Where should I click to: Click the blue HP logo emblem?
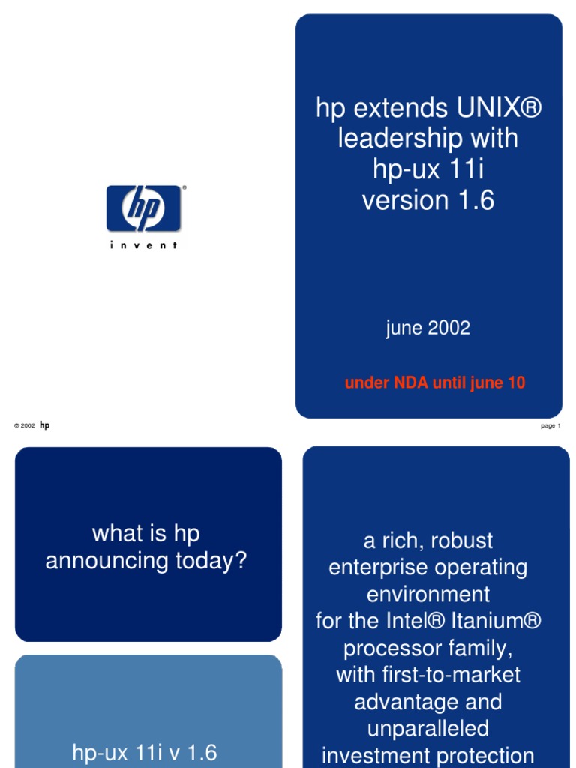[x=143, y=208]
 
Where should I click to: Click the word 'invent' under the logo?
[x=143, y=245]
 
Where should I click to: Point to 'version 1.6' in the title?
[x=428, y=200]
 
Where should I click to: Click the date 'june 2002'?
[x=428, y=328]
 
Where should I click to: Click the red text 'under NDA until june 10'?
[x=435, y=382]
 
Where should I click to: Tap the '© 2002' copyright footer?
[x=24, y=425]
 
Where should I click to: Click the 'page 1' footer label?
[x=550, y=425]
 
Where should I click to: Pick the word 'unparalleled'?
[x=428, y=728]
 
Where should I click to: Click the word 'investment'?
[x=382, y=755]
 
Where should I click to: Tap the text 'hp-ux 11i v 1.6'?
[x=145, y=751]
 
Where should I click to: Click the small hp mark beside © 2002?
[x=45, y=425]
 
